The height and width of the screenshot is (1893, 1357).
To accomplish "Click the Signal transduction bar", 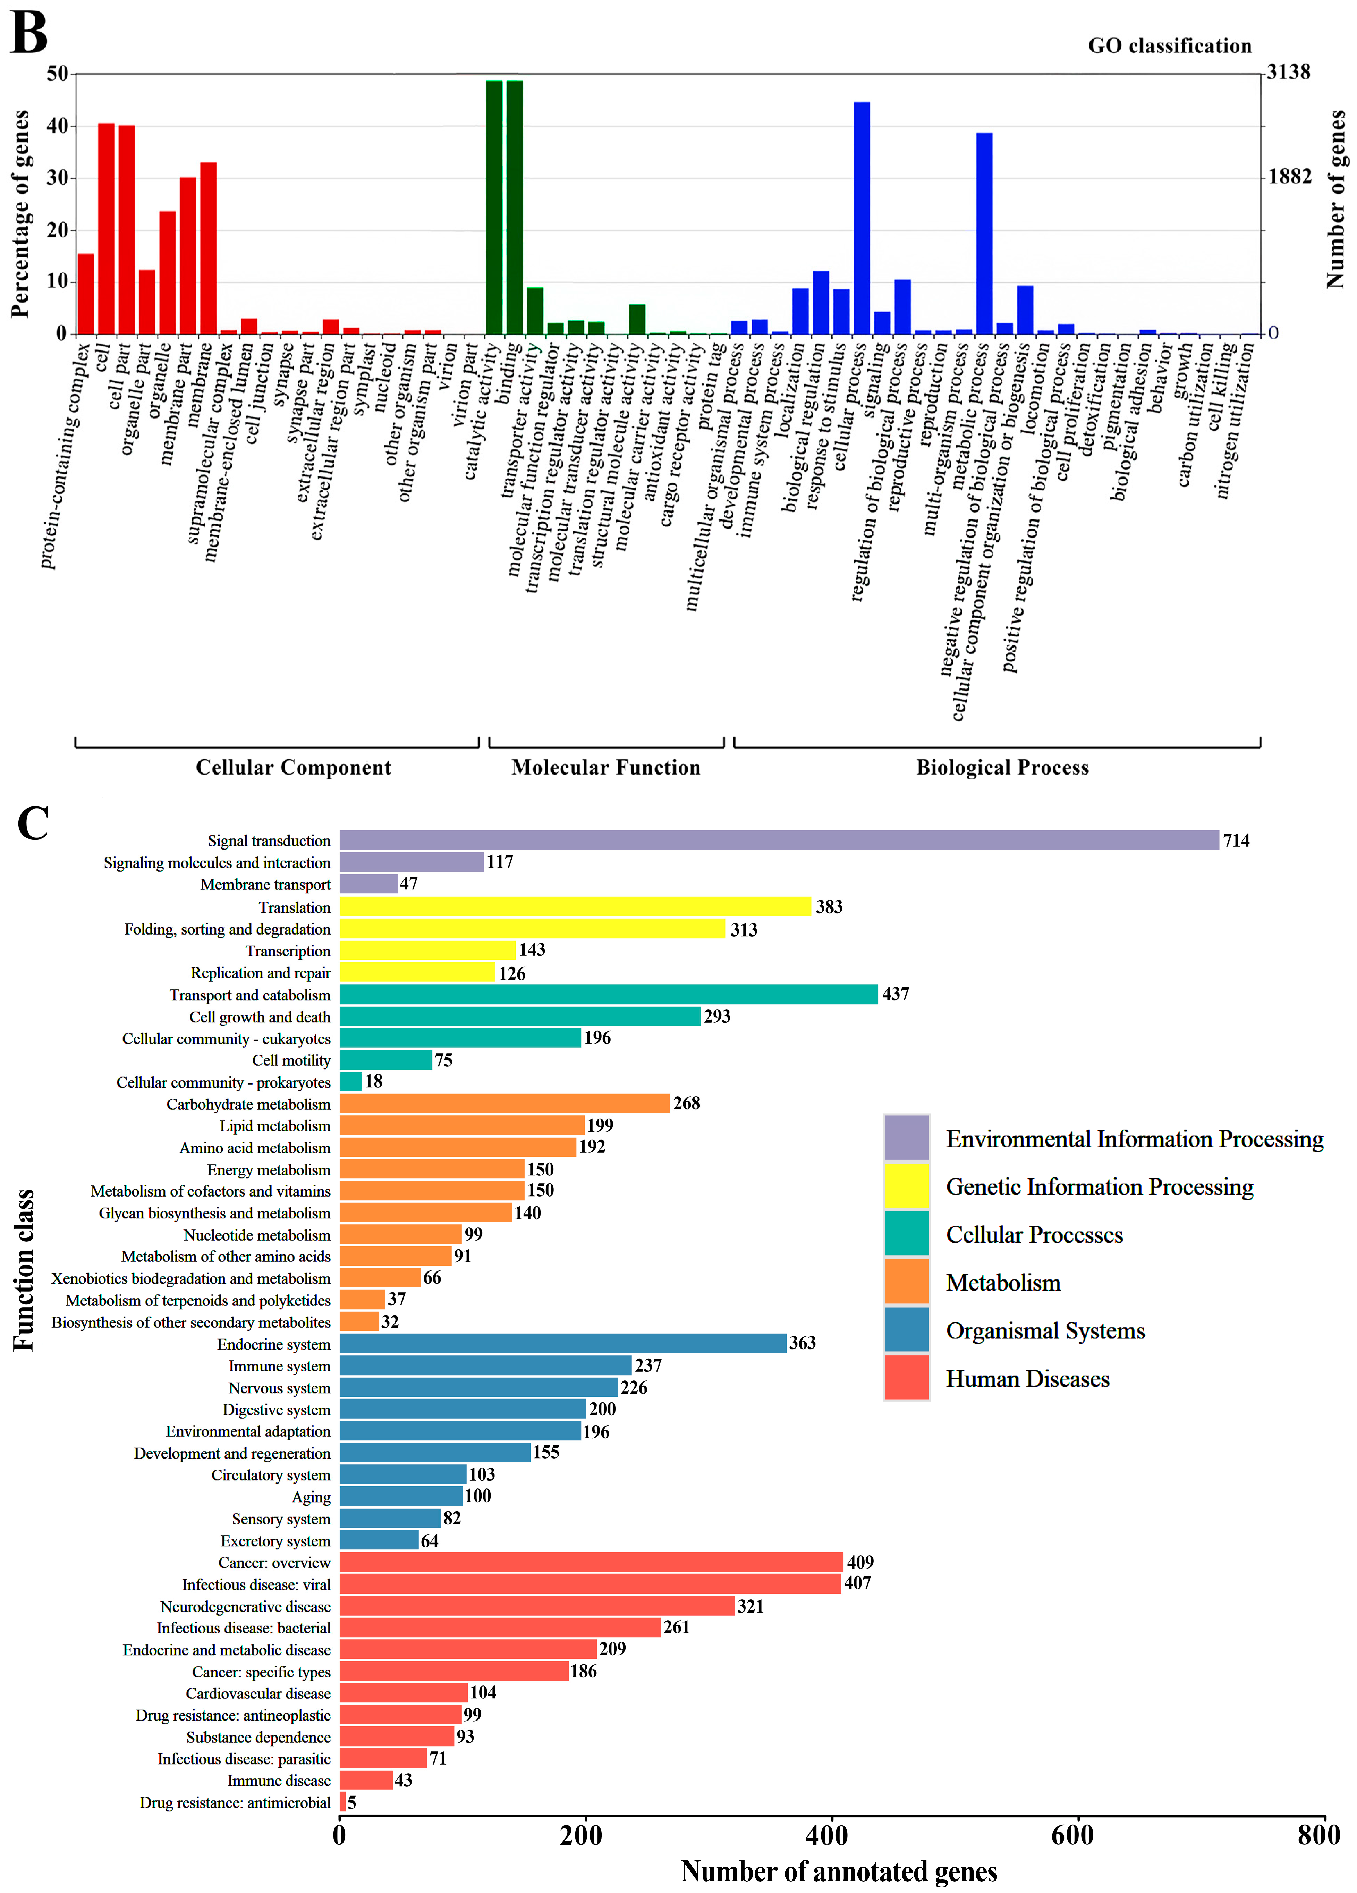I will click(x=779, y=840).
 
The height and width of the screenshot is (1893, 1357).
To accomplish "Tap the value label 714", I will click(x=1236, y=840).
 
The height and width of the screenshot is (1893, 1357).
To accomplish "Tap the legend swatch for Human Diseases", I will click(x=906, y=1377).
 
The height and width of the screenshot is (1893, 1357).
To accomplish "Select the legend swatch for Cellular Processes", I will click(x=906, y=1233).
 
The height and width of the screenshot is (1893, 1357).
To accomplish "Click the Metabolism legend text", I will click(x=1003, y=1283).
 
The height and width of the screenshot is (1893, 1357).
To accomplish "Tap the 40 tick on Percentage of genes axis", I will click(x=58, y=126).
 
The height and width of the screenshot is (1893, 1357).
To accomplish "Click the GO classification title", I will click(x=1169, y=46).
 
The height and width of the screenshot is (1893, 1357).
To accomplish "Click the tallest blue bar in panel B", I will click(x=861, y=217).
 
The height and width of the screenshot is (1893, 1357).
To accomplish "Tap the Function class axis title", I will click(x=23, y=1269).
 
